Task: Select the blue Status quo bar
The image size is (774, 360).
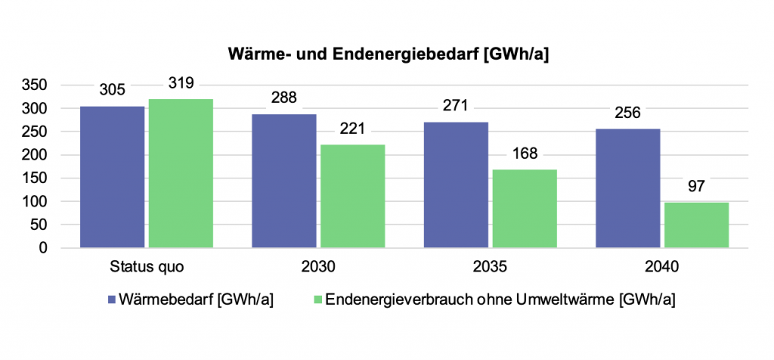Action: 112,177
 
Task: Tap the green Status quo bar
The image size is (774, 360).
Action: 181,173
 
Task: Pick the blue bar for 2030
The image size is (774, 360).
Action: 284,181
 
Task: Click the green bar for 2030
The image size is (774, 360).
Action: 353,196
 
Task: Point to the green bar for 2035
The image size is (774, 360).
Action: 525,209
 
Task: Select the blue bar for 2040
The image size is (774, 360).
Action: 628,188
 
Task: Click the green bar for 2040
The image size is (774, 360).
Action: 697,225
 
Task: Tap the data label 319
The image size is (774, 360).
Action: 181,84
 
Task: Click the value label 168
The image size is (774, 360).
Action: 525,154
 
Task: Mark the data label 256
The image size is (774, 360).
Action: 628,113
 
